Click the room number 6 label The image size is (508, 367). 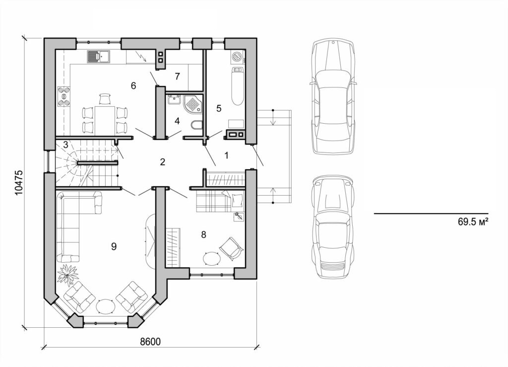(x=133, y=85)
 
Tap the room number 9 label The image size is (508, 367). (x=114, y=246)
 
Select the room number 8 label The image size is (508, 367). (x=203, y=234)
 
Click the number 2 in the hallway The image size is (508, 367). (x=162, y=161)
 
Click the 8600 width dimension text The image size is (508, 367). (x=151, y=342)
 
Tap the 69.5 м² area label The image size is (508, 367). (x=473, y=222)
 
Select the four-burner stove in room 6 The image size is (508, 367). (x=64, y=96)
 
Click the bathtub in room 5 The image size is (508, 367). (x=237, y=87)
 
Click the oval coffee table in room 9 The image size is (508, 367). (x=106, y=306)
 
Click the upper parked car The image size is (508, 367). (x=333, y=95)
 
